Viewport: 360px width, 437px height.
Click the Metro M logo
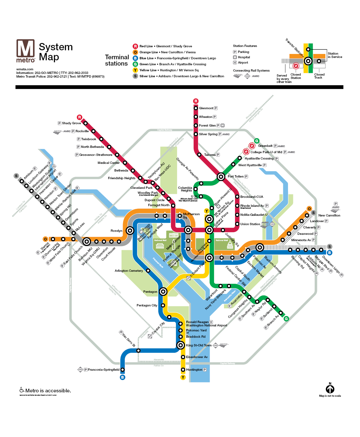pos(26,51)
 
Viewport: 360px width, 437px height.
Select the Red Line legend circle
pos(135,46)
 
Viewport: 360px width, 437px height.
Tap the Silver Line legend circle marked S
pos(135,76)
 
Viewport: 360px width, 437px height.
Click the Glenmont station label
pos(206,108)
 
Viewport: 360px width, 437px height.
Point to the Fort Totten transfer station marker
pos(221,177)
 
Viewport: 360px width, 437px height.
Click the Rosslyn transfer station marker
pos(130,230)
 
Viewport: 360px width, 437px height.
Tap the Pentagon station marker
pos(163,292)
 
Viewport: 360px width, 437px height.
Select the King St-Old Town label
pos(199,345)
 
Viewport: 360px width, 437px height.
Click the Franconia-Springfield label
pos(103,370)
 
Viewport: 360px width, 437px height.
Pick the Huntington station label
pos(194,370)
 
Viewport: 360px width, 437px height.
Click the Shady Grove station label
pos(71,123)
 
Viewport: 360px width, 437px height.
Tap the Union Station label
pos(250,224)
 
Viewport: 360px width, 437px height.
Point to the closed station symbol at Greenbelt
pos(252,146)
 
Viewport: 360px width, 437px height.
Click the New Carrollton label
pos(329,216)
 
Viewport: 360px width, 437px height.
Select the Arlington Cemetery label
pos(129,271)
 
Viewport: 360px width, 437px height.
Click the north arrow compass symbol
pos(330,389)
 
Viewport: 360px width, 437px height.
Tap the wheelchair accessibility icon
pos(22,390)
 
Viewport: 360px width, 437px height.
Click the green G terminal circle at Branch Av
pos(286,319)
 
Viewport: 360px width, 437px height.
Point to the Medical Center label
pos(108,163)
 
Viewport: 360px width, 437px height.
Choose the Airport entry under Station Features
pos(243,63)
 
